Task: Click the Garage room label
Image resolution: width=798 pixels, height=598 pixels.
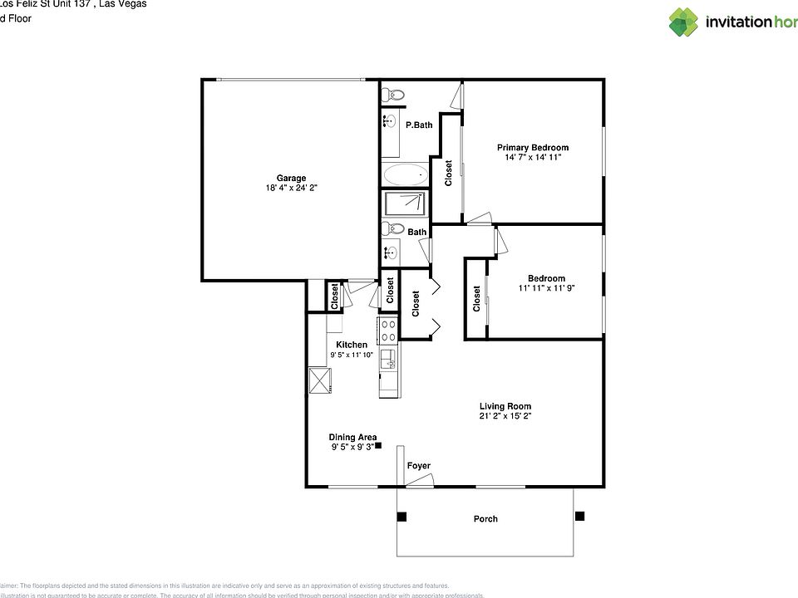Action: coord(291,178)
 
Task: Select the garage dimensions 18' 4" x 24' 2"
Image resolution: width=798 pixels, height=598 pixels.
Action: coord(291,189)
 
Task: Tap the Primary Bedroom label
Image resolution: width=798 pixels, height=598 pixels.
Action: coord(533,148)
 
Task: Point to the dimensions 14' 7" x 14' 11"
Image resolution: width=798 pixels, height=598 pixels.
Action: coord(533,158)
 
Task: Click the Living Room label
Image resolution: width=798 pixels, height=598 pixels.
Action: coord(505,406)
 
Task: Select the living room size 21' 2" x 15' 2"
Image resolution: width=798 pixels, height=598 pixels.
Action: coord(505,417)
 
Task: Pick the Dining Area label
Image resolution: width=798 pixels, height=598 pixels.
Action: coord(352,437)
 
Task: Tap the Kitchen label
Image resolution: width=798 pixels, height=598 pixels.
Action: coord(352,345)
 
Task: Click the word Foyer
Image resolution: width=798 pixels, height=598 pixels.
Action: coord(419,466)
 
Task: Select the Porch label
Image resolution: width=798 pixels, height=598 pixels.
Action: coord(485,519)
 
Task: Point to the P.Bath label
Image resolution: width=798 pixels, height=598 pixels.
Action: coord(419,125)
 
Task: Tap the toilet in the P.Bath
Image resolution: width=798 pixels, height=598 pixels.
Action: coord(394,96)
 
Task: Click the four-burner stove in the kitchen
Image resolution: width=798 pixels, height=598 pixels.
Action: coord(388,331)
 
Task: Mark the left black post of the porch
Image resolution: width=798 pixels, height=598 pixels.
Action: coord(401,517)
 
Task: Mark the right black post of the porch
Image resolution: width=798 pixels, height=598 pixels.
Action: coord(579,516)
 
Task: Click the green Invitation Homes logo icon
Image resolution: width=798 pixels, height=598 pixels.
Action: coord(683,22)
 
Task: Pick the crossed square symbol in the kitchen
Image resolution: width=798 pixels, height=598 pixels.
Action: coord(320,381)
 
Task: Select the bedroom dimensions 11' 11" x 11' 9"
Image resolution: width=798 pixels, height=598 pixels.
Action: coord(546,289)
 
